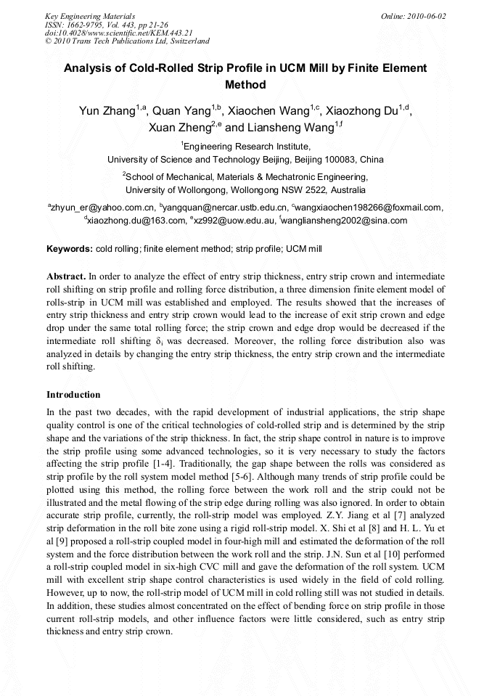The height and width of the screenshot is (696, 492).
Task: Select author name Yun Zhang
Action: coord(107,112)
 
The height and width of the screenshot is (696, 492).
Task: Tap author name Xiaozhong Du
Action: coord(361,112)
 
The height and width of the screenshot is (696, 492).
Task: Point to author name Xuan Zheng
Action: coord(179,128)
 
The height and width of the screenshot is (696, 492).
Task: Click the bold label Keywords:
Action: coord(70,249)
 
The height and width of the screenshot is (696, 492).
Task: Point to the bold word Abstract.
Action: coord(66,277)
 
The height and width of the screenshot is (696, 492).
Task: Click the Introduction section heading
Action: coord(73,395)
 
